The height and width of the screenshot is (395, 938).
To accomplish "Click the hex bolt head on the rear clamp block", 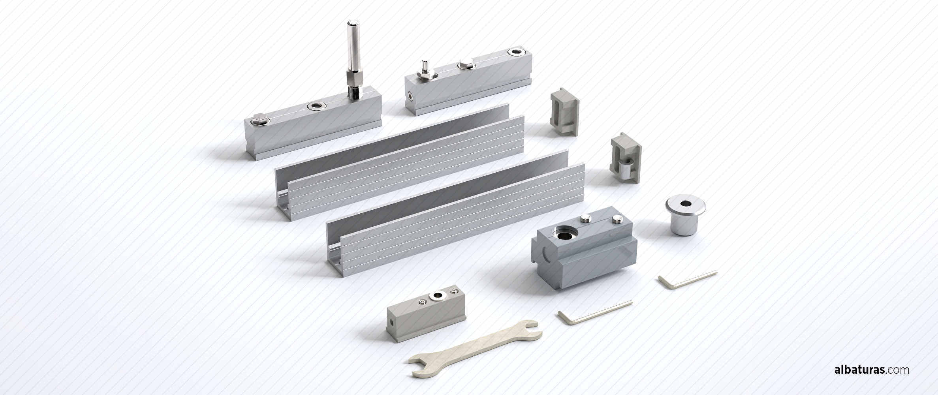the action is (x=464, y=66).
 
